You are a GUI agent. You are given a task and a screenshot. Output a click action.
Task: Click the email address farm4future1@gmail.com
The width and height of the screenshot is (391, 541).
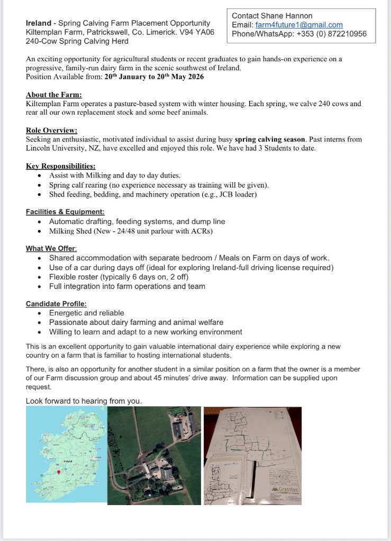[299, 25]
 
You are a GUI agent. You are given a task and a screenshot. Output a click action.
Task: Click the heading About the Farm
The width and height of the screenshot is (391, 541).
[54, 95]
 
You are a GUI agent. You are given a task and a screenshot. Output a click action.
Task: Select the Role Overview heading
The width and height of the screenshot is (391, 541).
[51, 130]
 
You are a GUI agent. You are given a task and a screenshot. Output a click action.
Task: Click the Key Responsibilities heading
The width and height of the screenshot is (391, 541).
[60, 166]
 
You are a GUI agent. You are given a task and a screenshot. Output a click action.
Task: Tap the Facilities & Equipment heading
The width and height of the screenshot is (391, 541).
[65, 212]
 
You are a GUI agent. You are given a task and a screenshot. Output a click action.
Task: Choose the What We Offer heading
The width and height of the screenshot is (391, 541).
[51, 248]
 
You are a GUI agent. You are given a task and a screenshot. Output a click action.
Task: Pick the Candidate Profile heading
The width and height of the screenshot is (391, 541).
[56, 304]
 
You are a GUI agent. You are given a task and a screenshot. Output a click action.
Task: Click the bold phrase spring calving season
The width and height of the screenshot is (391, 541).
[270, 139]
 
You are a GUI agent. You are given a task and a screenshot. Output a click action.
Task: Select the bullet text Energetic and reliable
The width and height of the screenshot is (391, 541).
[86, 313]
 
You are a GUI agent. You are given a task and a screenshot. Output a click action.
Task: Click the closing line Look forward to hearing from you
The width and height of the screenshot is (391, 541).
[84, 401]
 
